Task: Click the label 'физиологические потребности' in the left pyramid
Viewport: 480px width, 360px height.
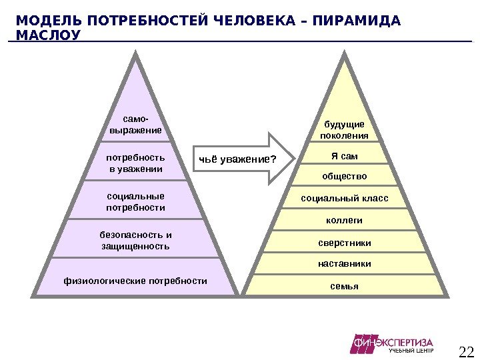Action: (135, 281)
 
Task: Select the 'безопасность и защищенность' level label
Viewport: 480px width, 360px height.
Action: (135, 241)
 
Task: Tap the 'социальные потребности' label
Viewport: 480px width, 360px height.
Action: (135, 202)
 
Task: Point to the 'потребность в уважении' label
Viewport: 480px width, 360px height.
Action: (135, 163)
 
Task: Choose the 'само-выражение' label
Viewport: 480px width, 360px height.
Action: (135, 125)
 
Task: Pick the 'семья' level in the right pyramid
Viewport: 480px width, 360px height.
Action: (344, 286)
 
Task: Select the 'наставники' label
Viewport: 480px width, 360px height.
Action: (344, 264)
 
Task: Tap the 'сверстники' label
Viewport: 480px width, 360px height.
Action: (344, 243)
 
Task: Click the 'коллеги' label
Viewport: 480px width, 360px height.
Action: (344, 220)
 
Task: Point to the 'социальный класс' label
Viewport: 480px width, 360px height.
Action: (344, 199)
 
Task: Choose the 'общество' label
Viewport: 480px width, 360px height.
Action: (344, 177)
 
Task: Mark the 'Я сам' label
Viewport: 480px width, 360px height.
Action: (344, 157)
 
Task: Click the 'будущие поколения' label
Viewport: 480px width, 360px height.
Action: (344, 130)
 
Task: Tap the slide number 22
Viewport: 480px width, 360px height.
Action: (466, 351)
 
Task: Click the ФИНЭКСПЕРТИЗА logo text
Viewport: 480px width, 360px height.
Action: (393, 342)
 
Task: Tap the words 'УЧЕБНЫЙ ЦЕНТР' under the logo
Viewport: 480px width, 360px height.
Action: (411, 351)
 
